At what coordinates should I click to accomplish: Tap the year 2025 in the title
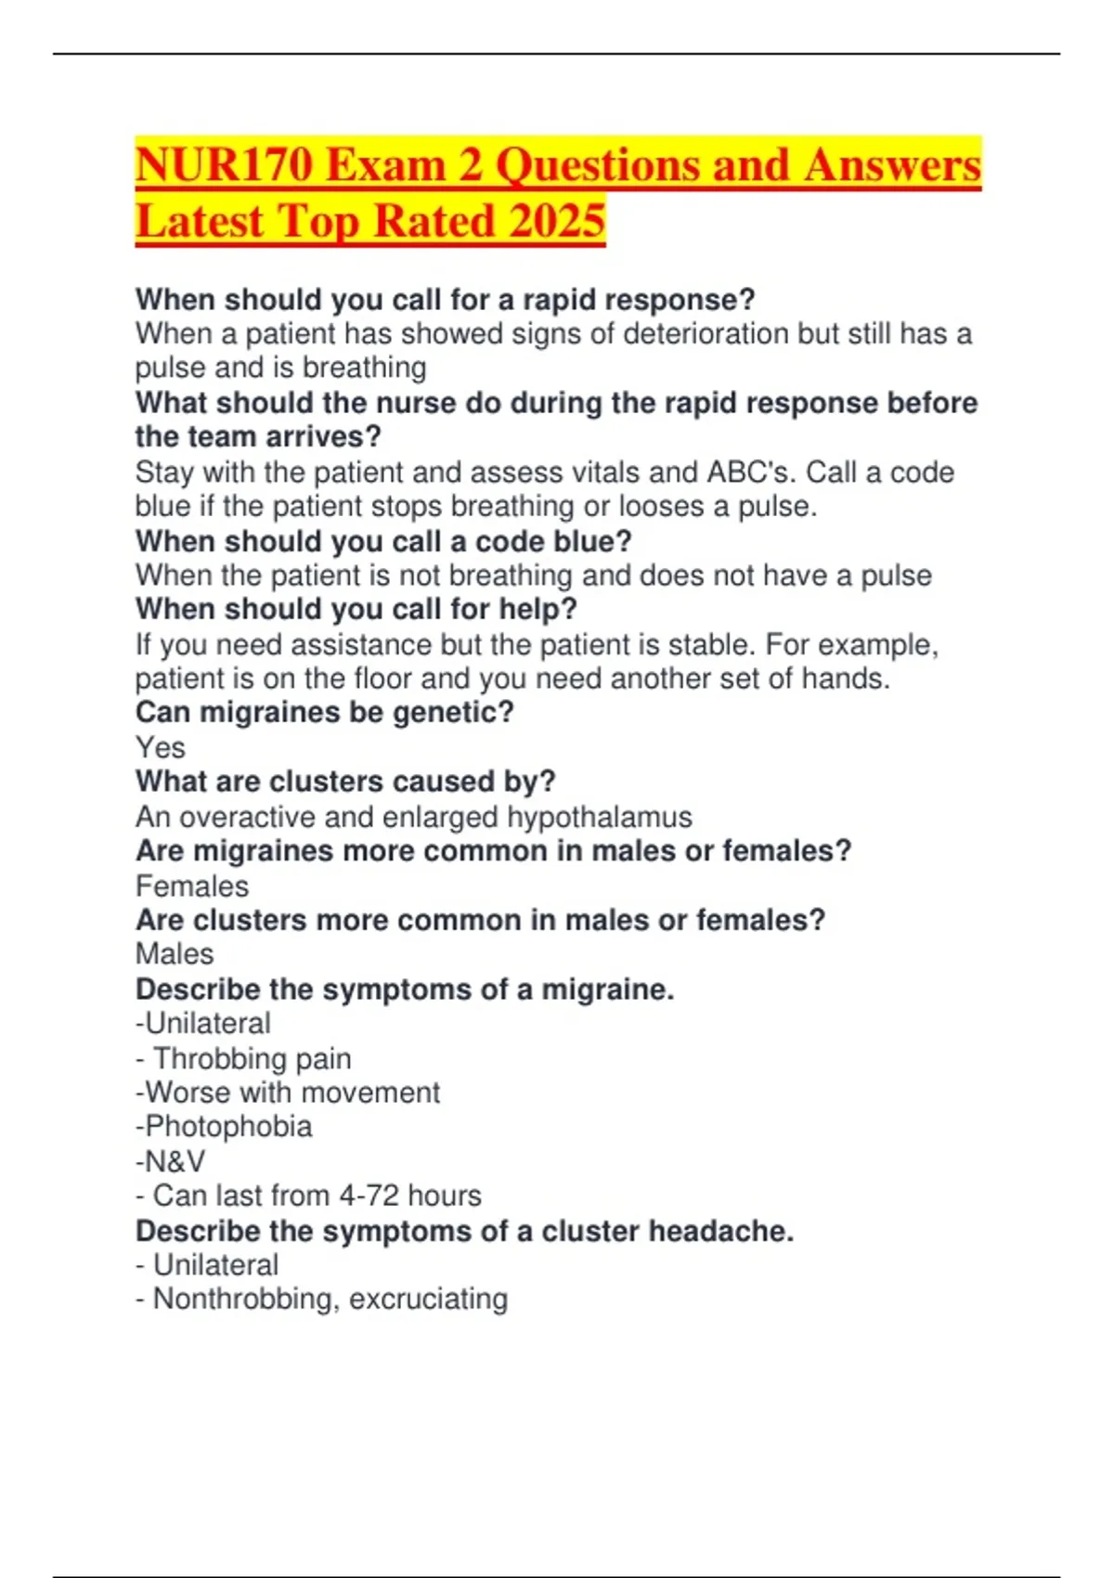557,221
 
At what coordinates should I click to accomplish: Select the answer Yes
160,748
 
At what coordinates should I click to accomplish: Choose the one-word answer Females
192,886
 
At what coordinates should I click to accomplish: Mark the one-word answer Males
175,954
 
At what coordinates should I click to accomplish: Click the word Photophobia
228,1127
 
